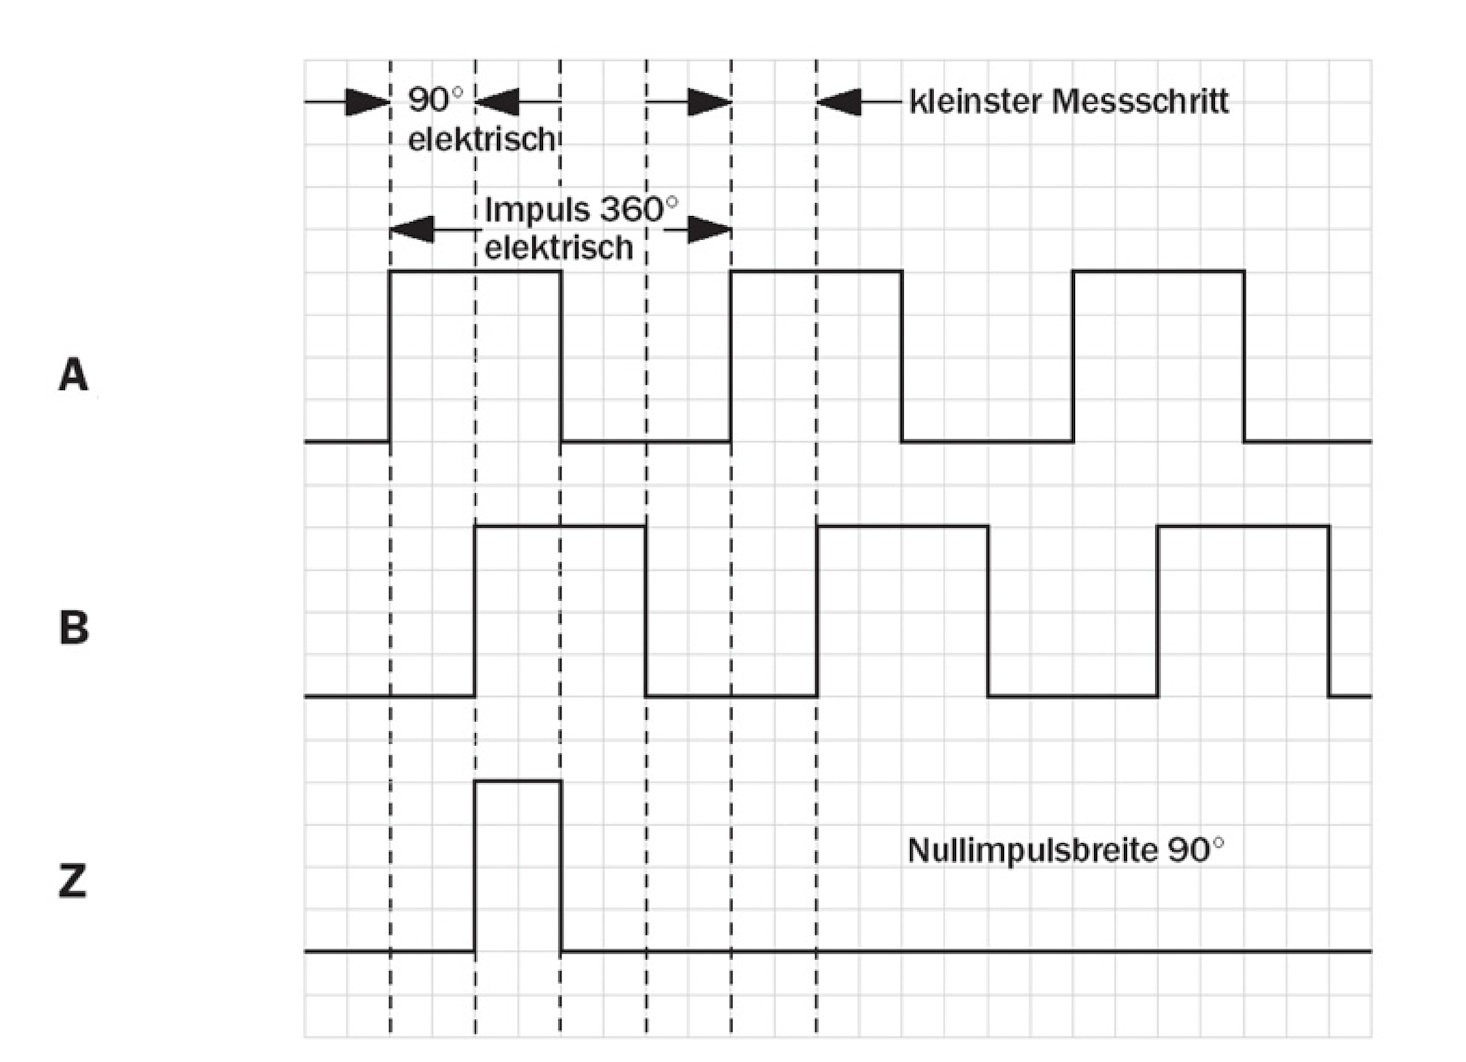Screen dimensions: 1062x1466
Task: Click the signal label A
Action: [x=73, y=375]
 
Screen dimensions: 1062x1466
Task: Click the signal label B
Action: [x=73, y=628]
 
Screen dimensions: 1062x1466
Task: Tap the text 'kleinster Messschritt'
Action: [x=1069, y=102]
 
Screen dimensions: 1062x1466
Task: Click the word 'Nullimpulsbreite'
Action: [x=1032, y=851]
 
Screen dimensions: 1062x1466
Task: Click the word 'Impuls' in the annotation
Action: [x=537, y=209]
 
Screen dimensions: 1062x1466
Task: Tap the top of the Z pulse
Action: [x=518, y=781]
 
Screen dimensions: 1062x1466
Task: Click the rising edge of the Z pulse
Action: [x=475, y=867]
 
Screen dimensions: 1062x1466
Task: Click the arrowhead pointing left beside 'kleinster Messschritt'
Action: [x=839, y=102]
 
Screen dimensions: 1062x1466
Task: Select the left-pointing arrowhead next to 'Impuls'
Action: [x=412, y=229]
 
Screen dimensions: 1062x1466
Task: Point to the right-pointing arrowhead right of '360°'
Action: [x=709, y=229]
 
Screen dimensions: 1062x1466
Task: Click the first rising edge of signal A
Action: [x=390, y=356]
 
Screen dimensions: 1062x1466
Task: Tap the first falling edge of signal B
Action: [x=646, y=611]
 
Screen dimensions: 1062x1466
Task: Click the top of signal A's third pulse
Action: [x=1158, y=271]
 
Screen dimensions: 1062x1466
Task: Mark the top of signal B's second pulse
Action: [x=903, y=526]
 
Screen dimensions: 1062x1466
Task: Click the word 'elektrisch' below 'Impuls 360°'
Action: [x=559, y=248]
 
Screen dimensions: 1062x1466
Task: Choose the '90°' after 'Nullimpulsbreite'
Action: [x=1195, y=850]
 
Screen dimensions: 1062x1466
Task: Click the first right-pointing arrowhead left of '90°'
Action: [x=367, y=102]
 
